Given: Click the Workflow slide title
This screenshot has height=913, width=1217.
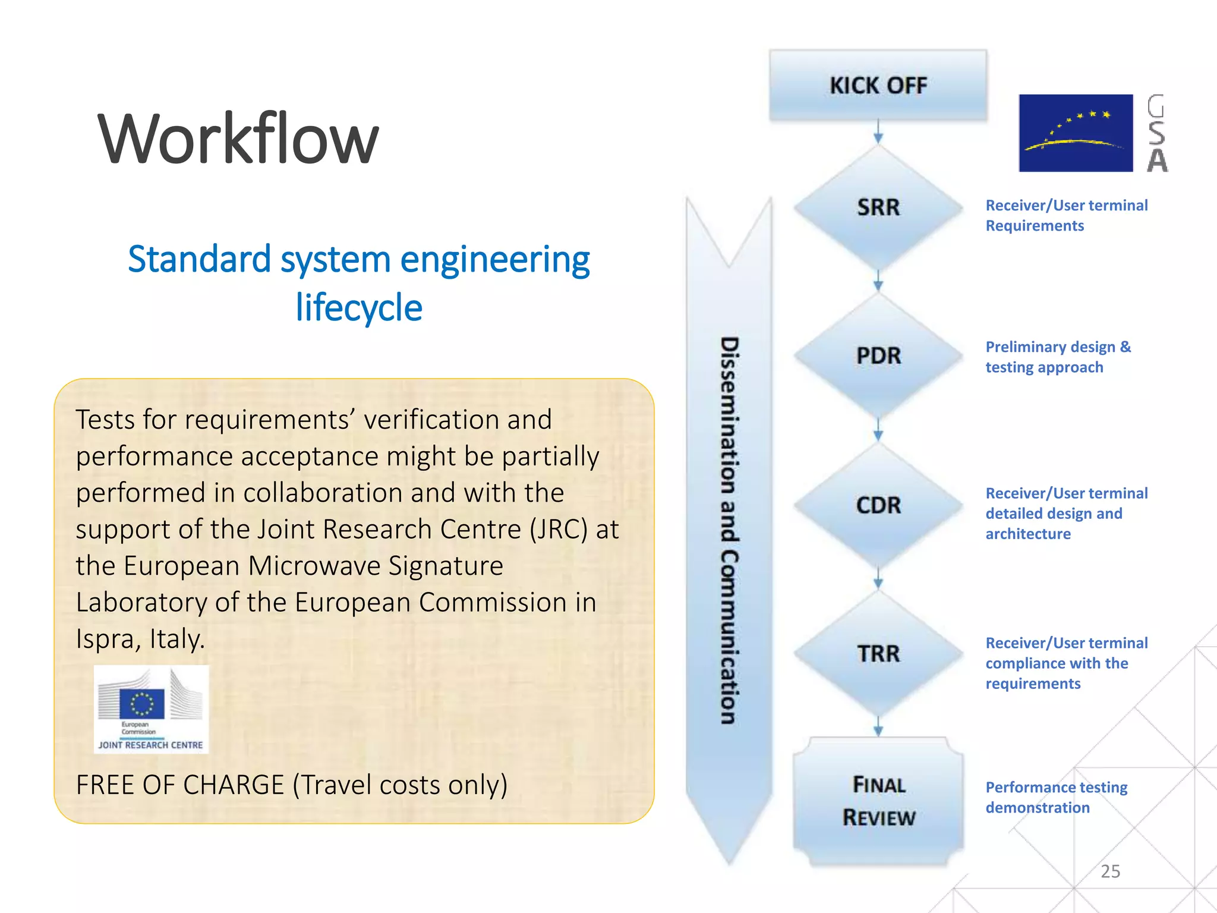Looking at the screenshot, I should coord(238,140).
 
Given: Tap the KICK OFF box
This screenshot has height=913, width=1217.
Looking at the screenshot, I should coord(878,86).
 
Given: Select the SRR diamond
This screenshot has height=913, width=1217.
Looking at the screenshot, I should coord(878,207).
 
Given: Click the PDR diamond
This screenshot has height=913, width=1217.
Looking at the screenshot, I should coord(878,355).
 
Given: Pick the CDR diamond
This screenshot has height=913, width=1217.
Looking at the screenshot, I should coord(878,505).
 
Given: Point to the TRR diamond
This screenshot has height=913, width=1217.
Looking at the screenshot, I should coord(878,654).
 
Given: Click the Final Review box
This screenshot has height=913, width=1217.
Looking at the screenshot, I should coord(878,801).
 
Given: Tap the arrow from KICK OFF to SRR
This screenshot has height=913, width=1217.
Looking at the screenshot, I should coord(878,132).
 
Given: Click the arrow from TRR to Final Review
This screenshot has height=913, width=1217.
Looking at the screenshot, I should coord(878,726).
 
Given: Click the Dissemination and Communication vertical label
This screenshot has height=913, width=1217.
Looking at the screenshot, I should coord(730,530).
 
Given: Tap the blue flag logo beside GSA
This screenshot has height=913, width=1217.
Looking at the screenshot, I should coord(1076,133).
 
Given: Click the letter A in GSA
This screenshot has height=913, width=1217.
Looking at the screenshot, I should coord(1156,160).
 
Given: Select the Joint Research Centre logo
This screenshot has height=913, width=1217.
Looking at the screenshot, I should coord(151,709).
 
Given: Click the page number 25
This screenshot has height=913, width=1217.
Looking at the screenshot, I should coord(1110,871).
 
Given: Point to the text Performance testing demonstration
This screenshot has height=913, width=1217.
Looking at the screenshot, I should coord(1056,797).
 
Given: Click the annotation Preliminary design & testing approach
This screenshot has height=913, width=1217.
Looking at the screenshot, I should coord(1058,357).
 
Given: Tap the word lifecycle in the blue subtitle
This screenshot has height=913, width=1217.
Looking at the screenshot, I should coord(359,308).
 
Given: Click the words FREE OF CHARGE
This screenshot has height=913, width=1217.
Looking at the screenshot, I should coord(180,785).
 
